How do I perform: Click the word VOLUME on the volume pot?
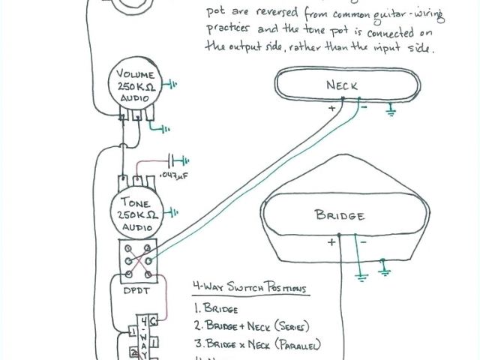pos(135,75)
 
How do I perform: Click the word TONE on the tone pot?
pos(135,203)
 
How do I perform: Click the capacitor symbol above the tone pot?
pos(178,159)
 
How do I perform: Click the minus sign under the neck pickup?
pos(363,107)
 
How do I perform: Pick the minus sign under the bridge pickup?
pos(363,241)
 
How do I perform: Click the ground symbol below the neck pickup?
pos(390,112)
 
